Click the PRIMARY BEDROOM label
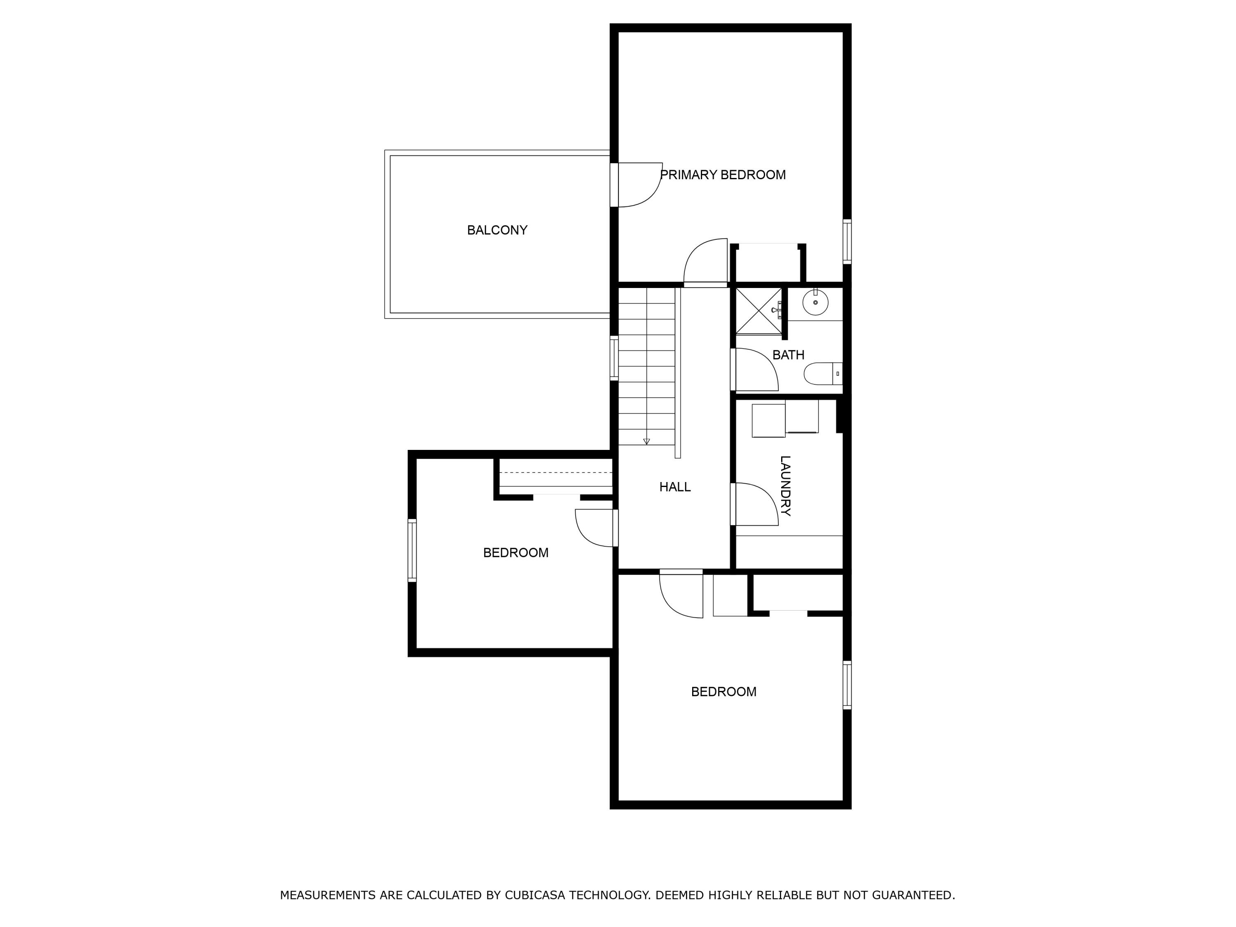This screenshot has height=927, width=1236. (x=723, y=175)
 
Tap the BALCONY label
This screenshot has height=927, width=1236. (x=497, y=230)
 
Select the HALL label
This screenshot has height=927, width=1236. (x=675, y=487)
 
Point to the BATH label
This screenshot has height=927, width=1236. (x=789, y=355)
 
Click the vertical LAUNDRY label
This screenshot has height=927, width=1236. (x=785, y=486)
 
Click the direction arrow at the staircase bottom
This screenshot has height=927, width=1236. (x=646, y=441)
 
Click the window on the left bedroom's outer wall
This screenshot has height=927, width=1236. (x=412, y=550)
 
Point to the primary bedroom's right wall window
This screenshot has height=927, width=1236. (x=847, y=241)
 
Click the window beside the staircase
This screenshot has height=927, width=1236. (x=614, y=358)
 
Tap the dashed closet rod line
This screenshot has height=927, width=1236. (x=556, y=473)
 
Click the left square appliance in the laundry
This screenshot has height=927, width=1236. (x=768, y=421)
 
